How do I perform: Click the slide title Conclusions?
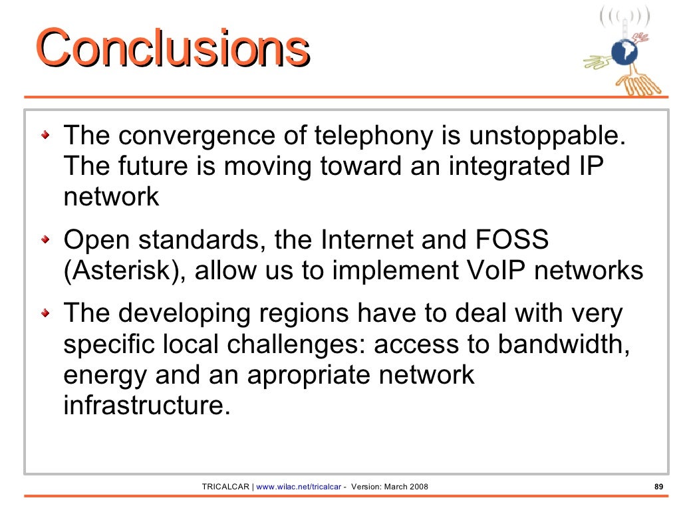[x=173, y=49]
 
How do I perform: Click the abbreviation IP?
[x=591, y=166]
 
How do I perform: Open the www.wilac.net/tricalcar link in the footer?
[x=298, y=487]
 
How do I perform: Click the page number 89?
[x=659, y=487]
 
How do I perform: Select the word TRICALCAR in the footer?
[x=225, y=487]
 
